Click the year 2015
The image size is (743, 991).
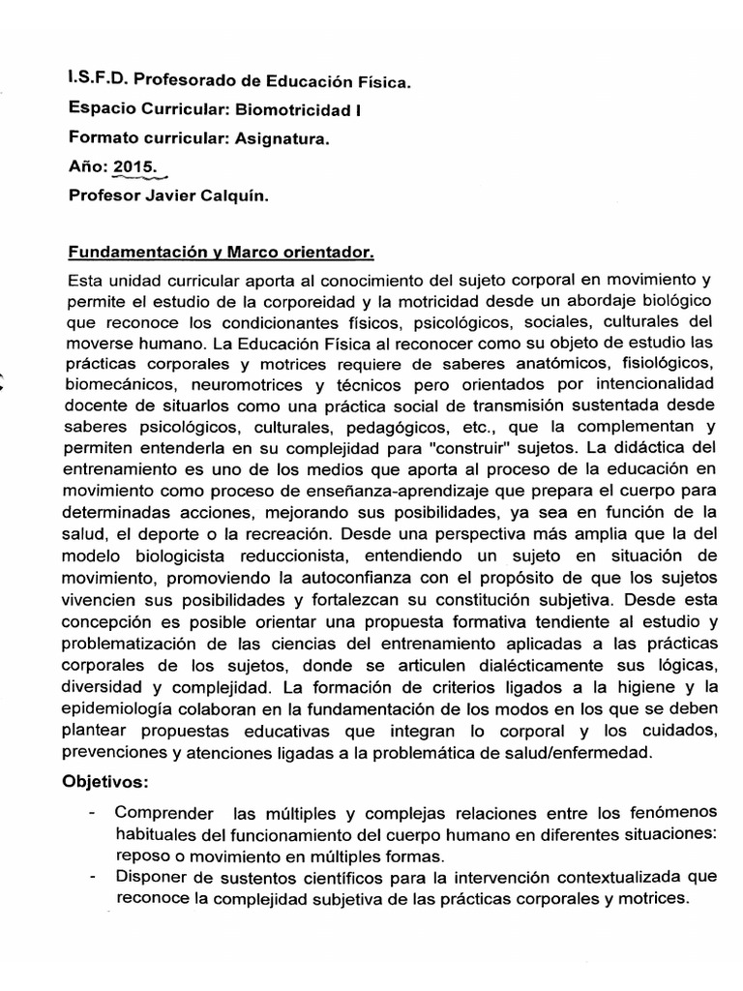[134, 167]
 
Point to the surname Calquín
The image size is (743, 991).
[233, 195]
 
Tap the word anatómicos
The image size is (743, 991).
[541, 362]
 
